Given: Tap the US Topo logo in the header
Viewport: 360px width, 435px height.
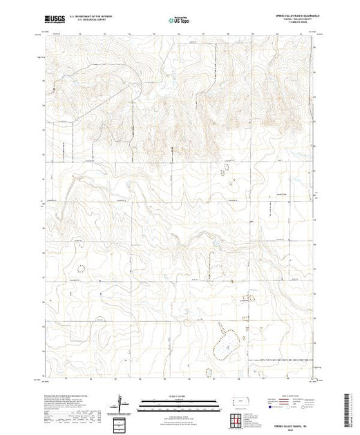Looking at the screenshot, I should click(179, 19).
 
